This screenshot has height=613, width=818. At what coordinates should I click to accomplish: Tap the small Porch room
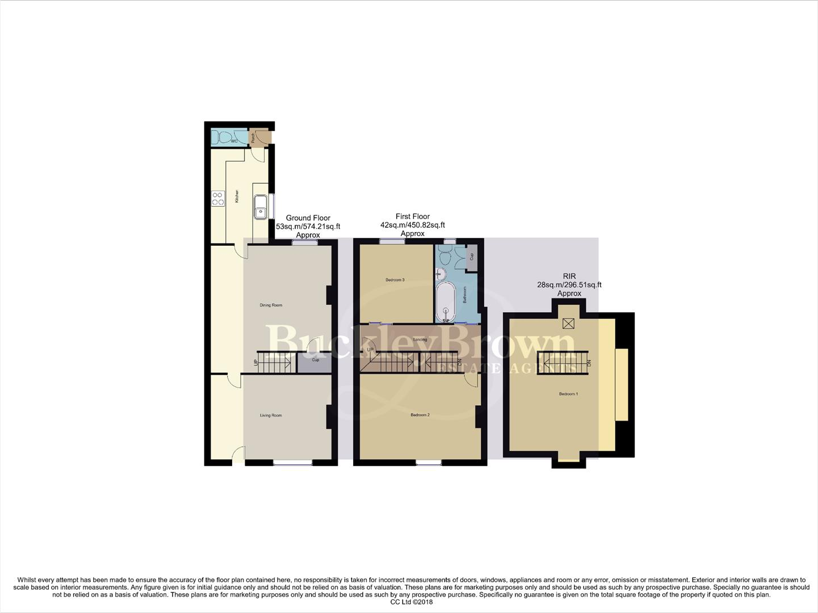point(261,137)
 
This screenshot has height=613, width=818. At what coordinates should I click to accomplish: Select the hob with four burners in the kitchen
point(217,198)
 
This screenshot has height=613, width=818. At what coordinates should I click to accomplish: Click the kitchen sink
point(261,207)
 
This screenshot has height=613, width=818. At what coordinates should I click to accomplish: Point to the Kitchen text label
point(237,196)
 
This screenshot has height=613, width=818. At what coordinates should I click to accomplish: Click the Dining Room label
point(271,305)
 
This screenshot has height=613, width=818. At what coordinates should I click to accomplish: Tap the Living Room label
point(271,415)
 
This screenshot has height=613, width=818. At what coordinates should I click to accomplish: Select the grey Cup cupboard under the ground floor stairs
point(315,363)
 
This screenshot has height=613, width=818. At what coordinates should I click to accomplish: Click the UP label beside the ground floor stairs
point(255,362)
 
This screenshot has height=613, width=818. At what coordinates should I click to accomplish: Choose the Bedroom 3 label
point(395,280)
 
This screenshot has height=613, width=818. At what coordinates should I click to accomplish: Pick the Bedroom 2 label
point(420,415)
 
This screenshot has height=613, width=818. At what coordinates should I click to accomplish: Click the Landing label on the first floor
point(420,340)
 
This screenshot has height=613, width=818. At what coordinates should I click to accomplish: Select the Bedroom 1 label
point(568,394)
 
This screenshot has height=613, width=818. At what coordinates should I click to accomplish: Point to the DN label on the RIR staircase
point(589,362)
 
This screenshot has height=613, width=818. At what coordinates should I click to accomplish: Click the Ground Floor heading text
point(308,218)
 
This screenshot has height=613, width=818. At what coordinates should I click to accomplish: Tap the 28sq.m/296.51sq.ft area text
point(569,285)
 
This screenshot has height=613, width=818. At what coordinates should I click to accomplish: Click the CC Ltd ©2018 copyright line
point(412,602)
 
